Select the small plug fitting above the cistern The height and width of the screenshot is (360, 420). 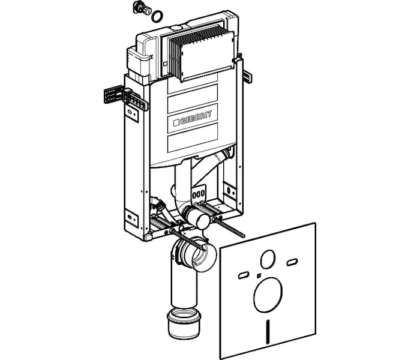click(x=142, y=8)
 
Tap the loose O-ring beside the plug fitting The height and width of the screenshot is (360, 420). click(x=157, y=16)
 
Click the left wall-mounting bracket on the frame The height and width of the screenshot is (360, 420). click(x=114, y=95)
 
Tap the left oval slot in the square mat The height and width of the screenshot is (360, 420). click(x=243, y=275)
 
